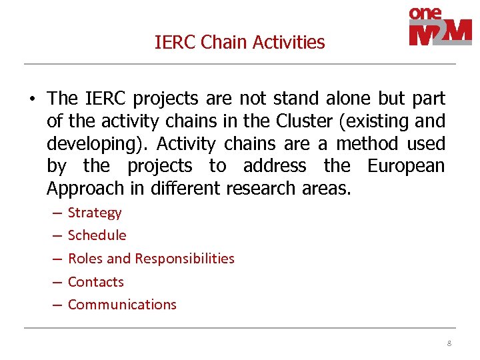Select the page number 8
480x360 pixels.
pyautogui.click(x=449, y=343)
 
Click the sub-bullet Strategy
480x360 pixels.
pyautogui.click(x=95, y=213)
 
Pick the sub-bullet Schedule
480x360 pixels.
pyautogui.click(x=97, y=235)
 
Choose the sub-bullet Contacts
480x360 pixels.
pyautogui.click(x=96, y=282)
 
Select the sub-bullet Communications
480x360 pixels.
pyautogui.click(x=122, y=305)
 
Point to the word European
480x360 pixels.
pyautogui.click(x=406, y=166)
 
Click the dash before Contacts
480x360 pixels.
pyautogui.click(x=56, y=282)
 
